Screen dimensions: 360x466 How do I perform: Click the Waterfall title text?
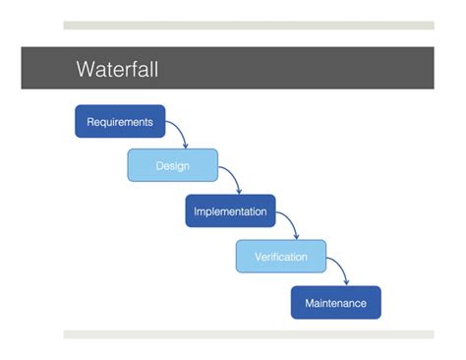[x=117, y=70]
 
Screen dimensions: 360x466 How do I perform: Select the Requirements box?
[x=120, y=122]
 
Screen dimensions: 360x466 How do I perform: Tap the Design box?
[x=172, y=165]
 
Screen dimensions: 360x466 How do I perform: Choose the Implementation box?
[x=230, y=211]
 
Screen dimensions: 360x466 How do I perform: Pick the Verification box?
[x=280, y=257]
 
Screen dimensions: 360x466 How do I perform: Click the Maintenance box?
[x=335, y=303]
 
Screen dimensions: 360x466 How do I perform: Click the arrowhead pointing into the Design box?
[x=186, y=146]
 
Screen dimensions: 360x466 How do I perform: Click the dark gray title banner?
[x=295, y=69]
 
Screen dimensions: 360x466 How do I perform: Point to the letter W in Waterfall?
[x=86, y=70]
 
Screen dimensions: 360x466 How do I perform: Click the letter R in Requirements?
[x=90, y=122]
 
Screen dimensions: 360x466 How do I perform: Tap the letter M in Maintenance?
[x=309, y=303]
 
